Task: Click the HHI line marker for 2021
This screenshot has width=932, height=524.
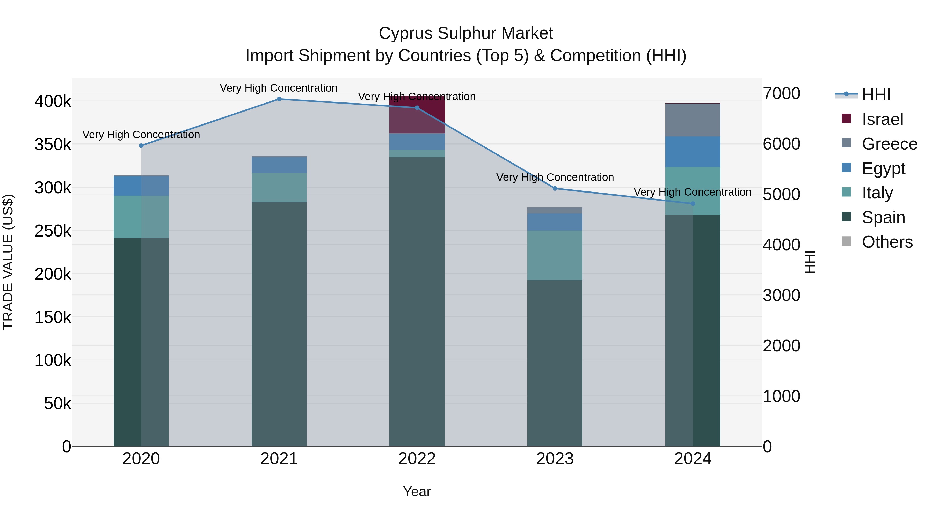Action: pyautogui.click(x=279, y=99)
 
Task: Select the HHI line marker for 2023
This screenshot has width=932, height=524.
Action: pyautogui.click(x=555, y=188)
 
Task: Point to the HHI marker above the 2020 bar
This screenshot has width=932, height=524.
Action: pyautogui.click(x=141, y=146)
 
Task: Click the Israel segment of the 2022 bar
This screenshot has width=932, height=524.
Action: pyautogui.click(x=417, y=115)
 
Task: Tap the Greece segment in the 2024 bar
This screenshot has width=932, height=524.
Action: pyautogui.click(x=693, y=120)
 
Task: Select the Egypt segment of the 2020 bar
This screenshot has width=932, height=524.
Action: pyautogui.click(x=141, y=186)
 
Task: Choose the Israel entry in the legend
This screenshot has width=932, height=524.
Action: pyautogui.click(x=883, y=119)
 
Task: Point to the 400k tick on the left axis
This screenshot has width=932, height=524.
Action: pyautogui.click(x=53, y=101)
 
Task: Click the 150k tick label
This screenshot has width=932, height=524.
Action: pyautogui.click(x=53, y=318)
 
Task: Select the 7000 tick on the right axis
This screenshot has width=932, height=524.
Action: pyautogui.click(x=782, y=94)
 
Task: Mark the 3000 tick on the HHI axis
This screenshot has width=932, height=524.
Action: pyautogui.click(x=782, y=296)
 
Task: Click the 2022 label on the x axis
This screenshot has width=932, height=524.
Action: pyautogui.click(x=417, y=459)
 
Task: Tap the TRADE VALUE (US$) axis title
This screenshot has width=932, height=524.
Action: pyautogui.click(x=8, y=262)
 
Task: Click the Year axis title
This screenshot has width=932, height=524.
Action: pyautogui.click(x=417, y=491)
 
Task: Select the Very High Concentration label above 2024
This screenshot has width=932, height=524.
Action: pyautogui.click(x=693, y=192)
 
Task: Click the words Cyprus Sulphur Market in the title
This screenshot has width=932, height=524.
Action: pyautogui.click(x=466, y=33)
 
